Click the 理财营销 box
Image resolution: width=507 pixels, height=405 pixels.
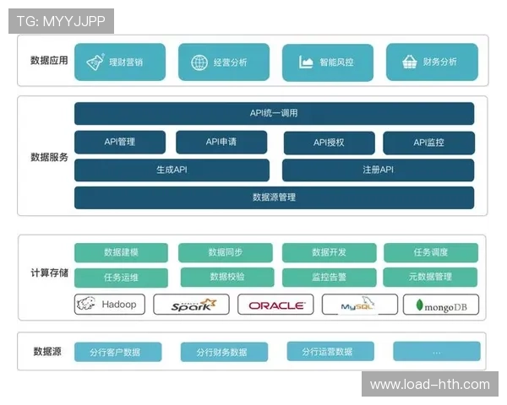tap(119, 62)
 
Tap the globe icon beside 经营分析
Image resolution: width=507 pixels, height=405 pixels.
tap(199, 62)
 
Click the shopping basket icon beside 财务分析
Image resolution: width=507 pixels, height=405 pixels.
tap(409, 62)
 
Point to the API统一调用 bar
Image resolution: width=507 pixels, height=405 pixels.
tap(274, 114)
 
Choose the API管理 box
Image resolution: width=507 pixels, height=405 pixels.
tap(120, 143)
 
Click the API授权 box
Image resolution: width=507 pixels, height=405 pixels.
tap(329, 143)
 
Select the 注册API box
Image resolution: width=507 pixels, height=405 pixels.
tap(378, 170)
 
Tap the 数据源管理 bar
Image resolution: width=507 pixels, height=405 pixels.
tap(274, 197)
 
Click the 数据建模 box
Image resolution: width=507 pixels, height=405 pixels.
tap(121, 252)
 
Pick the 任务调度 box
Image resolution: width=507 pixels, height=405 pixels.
tap(430, 252)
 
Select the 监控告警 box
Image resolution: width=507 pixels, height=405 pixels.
tap(328, 277)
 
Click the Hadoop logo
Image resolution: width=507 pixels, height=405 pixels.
tap(111, 304)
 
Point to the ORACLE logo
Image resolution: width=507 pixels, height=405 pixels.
tap(275, 305)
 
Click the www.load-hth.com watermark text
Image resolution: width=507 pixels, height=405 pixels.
tap(429, 385)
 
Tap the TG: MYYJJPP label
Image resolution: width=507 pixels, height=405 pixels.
tap(61, 21)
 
